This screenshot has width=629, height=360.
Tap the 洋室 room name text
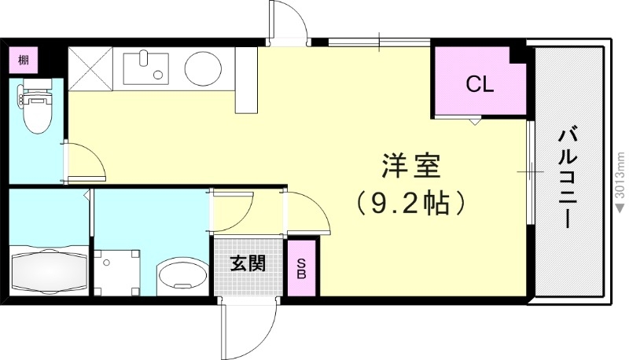[410, 167]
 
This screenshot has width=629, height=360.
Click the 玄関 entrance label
[247, 263]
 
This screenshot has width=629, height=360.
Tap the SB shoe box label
[302, 269]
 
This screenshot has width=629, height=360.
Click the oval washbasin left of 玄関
[179, 275]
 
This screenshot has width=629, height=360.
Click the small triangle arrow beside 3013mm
[620, 207]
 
